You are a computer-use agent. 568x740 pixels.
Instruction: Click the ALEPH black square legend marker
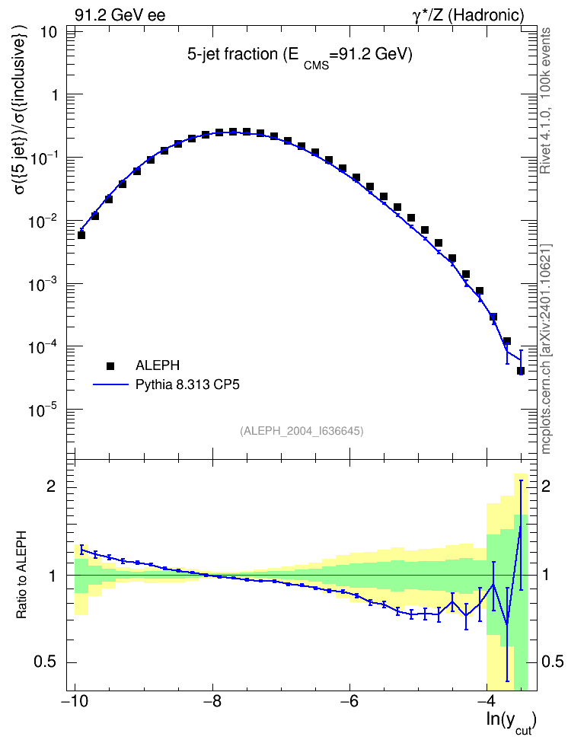tap(110, 365)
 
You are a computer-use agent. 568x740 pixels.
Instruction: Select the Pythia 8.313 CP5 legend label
tap(187, 384)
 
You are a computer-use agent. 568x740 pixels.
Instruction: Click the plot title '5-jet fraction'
tap(233, 54)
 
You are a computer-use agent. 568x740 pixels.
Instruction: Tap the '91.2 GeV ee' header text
tap(120, 15)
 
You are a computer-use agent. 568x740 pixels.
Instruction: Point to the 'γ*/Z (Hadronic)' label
tap(468, 15)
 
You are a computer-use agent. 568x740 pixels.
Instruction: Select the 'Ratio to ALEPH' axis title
tap(21, 575)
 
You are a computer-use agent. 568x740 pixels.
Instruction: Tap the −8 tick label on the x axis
tap(212, 700)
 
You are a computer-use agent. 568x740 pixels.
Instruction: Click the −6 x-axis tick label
tap(349, 700)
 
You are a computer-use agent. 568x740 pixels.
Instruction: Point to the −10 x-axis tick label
tap(75, 700)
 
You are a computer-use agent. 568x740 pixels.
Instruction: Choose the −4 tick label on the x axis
tap(487, 700)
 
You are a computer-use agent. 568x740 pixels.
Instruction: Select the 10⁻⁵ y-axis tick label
tap(43, 410)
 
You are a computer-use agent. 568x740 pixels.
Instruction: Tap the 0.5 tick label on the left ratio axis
tap(46, 662)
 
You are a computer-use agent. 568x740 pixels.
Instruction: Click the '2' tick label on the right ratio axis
tap(546, 486)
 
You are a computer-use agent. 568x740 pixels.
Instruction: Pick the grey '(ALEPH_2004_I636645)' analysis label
tap(302, 431)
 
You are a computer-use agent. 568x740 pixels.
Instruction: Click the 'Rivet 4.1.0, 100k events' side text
tap(545, 100)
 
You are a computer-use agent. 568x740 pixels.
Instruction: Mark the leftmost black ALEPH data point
tap(81, 235)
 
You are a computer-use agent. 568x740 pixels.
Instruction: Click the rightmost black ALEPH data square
tap(521, 371)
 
